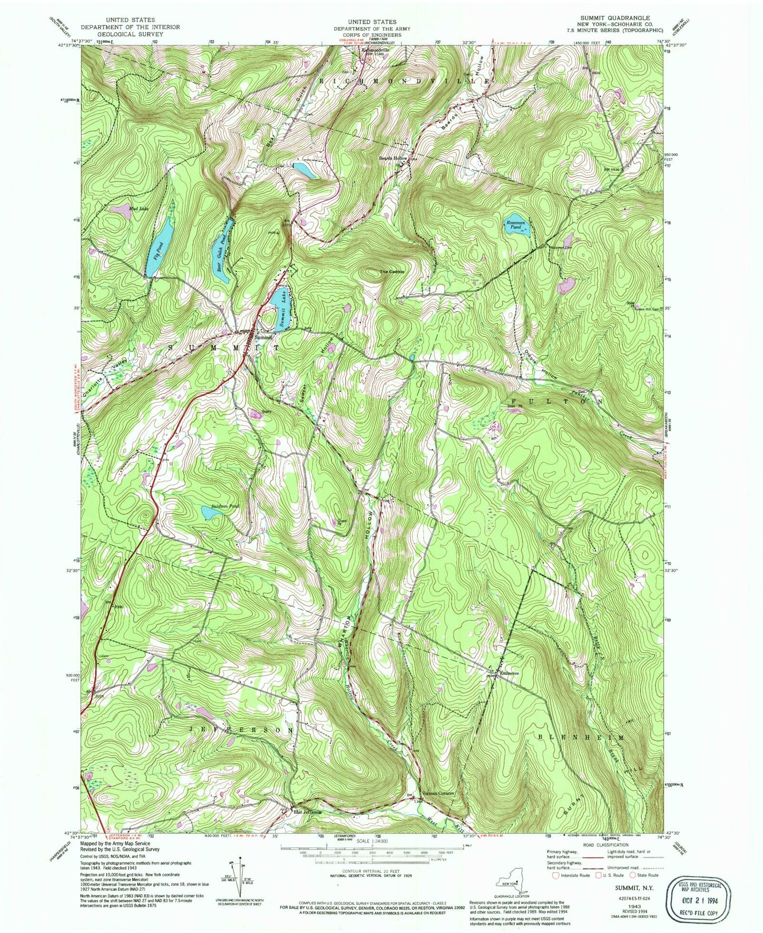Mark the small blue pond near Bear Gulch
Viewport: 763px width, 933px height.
point(305,169)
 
